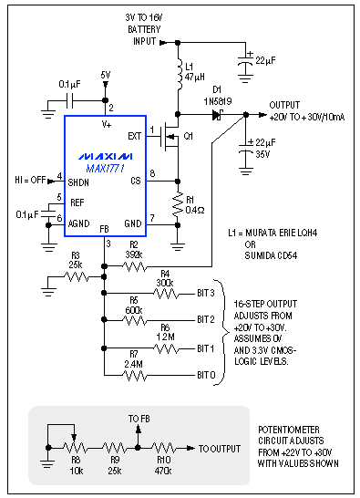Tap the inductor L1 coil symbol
[176, 72]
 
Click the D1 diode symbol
[218, 116]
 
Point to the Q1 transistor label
[189, 137]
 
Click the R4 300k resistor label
[164, 278]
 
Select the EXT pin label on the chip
[134, 136]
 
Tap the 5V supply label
[106, 75]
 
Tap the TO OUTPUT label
[219, 448]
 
